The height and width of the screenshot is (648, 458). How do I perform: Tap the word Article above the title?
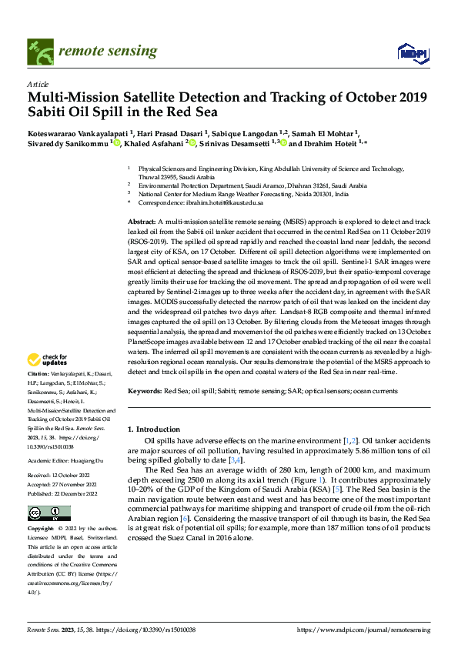(37, 84)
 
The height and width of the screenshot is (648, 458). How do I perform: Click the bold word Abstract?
(144, 221)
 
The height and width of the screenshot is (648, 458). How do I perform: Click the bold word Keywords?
(146, 391)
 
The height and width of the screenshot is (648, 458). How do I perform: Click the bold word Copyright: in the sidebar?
(42, 529)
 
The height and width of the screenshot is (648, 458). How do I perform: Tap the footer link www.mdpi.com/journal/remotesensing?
(376, 630)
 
